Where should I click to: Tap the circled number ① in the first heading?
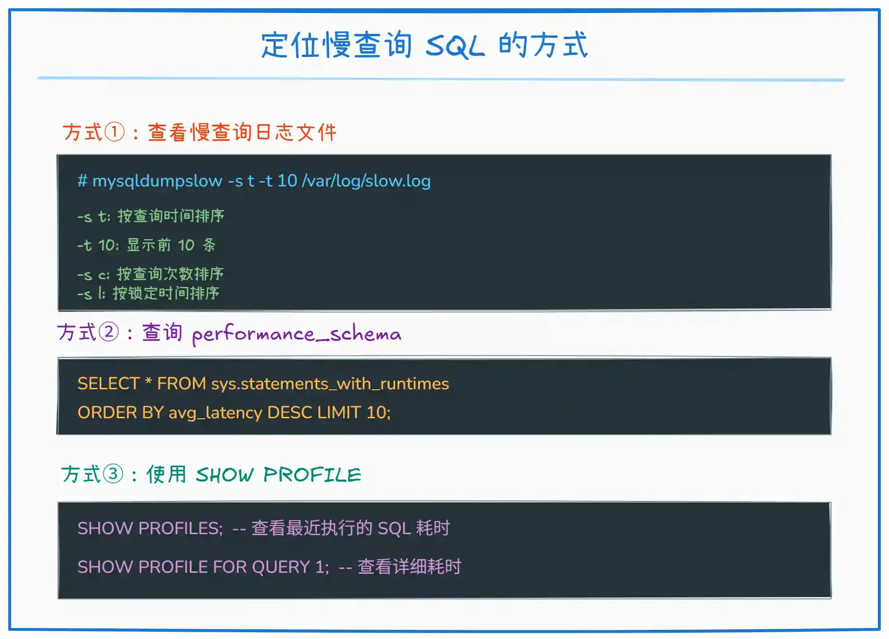point(115,132)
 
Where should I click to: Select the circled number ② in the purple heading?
point(109,332)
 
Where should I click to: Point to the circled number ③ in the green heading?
point(113,474)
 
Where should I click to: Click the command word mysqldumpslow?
point(158,181)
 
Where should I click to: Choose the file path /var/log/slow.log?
point(366,181)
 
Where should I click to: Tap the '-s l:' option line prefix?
point(91,294)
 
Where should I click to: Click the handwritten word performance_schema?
point(297,334)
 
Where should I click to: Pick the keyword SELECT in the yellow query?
point(108,383)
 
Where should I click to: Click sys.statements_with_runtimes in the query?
point(330,383)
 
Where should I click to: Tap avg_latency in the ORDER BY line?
point(215,413)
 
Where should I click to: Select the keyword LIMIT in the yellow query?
point(339,412)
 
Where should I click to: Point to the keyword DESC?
point(289,412)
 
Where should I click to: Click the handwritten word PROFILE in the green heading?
point(312,475)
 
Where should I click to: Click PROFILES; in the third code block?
point(181,528)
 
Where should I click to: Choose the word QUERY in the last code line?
point(281,567)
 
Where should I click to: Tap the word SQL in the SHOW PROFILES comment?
point(394,528)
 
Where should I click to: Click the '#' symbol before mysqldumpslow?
point(82,181)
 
